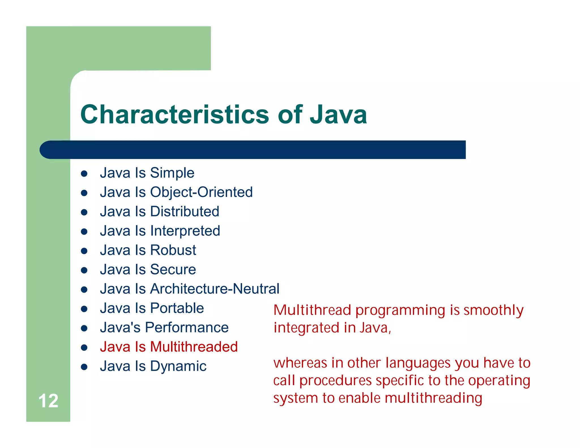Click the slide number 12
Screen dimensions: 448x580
pos(48,401)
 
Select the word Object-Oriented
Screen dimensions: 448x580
pos(201,192)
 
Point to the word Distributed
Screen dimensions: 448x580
pos(185,212)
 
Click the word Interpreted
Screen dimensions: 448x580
pos(185,231)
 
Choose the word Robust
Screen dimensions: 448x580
pos(173,250)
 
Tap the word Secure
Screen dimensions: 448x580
pos(173,270)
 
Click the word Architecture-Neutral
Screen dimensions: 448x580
pos(214,289)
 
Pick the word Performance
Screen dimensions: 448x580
pos(187,328)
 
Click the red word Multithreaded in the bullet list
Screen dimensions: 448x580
pos(194,347)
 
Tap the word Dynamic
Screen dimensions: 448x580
pos(178,366)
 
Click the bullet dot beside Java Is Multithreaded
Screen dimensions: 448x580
pos(84,348)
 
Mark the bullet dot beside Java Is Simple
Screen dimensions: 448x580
pos(84,174)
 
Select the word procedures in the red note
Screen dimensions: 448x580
pos(335,381)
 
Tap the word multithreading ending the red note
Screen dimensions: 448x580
pos(433,398)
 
